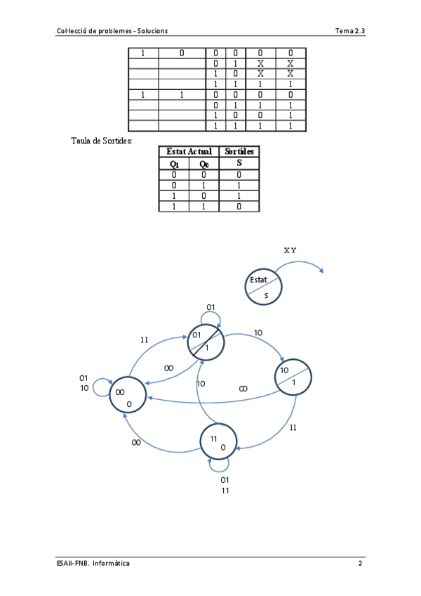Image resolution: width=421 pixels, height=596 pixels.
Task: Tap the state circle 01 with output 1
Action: (206, 342)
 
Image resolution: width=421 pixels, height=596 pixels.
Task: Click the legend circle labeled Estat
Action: (263, 287)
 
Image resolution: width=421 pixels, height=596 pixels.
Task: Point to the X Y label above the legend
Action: (290, 250)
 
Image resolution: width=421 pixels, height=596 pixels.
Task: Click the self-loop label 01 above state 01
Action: (210, 307)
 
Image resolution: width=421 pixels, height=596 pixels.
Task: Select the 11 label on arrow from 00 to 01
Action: (145, 339)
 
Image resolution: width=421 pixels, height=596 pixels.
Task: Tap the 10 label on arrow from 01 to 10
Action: (258, 332)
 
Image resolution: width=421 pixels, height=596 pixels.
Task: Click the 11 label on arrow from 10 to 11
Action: (293, 427)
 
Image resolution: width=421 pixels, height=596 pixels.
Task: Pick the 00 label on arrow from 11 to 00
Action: (136, 443)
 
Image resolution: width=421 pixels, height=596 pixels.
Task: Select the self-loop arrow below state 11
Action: (220, 465)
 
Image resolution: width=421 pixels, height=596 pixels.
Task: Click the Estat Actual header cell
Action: (189, 152)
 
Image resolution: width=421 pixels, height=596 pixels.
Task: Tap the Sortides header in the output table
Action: (239, 152)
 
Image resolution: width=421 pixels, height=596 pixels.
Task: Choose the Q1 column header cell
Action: (174, 164)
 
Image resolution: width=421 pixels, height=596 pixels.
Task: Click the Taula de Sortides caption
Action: (102, 141)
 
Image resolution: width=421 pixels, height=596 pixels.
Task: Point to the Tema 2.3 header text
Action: (350, 31)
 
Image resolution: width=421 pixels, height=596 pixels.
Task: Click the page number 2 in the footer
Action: (360, 564)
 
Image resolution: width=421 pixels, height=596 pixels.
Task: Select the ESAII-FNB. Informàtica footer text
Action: (93, 564)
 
